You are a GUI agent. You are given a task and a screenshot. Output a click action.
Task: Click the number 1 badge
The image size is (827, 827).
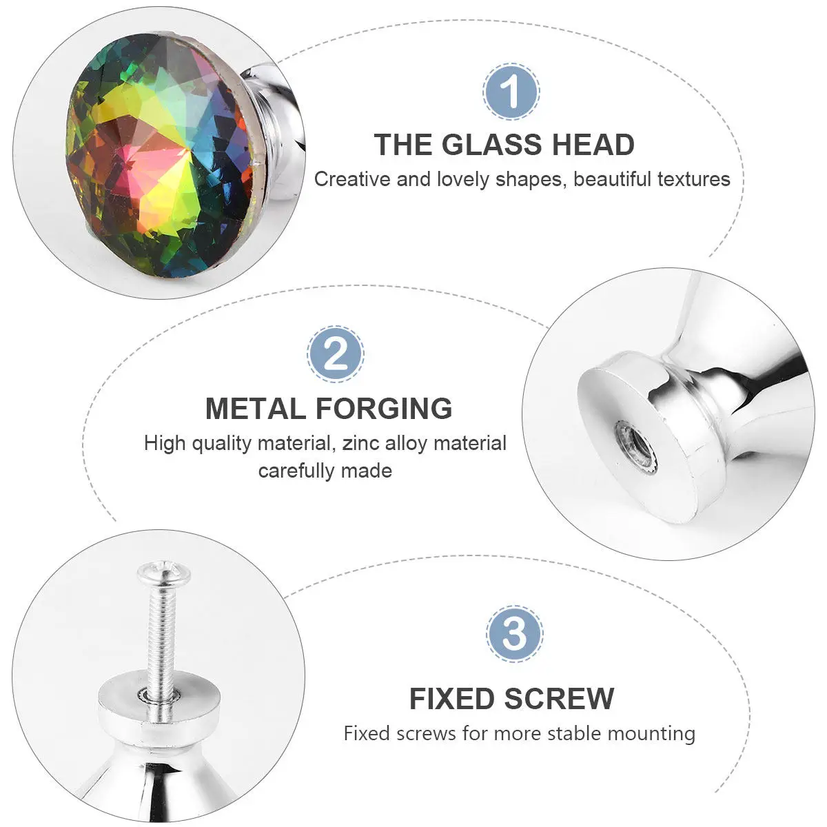pos(511,92)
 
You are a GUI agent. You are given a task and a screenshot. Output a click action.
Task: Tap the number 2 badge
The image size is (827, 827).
pos(336,355)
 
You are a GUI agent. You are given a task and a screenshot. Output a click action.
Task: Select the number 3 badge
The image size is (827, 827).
pos(514,632)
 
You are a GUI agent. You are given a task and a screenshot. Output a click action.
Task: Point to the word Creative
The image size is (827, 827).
pos(352,179)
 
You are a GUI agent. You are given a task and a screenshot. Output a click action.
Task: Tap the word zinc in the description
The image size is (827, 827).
pos(358,443)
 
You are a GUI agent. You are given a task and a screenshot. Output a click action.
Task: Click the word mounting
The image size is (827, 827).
pos(651,733)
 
